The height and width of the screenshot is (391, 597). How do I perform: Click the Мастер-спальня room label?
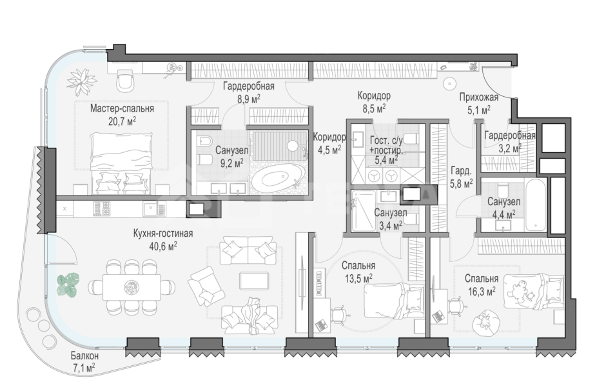[122, 108]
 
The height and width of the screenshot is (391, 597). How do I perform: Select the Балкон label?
[84, 356]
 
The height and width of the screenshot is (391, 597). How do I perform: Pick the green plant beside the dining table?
[68, 285]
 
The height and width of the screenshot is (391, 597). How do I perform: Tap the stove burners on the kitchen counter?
[102, 209]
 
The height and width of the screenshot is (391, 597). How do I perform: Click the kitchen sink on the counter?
[154, 209]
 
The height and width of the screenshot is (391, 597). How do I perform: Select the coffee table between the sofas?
[253, 281]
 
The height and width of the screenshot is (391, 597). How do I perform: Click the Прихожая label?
[478, 97]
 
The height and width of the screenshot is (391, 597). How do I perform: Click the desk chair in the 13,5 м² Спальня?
[339, 314]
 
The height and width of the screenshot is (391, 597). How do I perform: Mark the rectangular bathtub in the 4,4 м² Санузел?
[535, 205]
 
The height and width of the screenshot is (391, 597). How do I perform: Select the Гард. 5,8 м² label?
[461, 177]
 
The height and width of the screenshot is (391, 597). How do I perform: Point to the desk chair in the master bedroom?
[125, 81]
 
